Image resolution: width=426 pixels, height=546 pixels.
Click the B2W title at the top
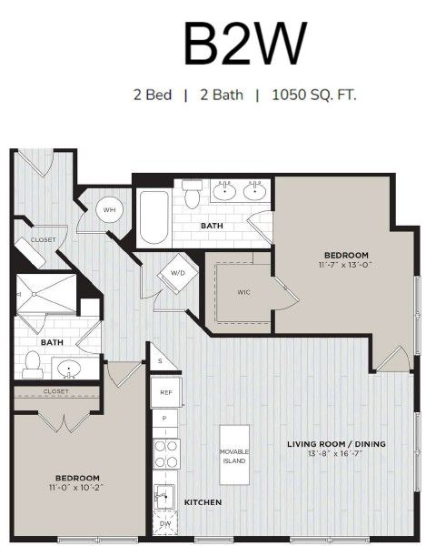[245, 44]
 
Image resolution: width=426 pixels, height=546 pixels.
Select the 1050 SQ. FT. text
[314, 95]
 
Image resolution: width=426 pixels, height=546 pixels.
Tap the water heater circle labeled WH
[110, 209]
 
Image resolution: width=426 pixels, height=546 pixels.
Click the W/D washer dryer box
[177, 273]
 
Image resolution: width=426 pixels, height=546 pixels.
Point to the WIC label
[243, 292]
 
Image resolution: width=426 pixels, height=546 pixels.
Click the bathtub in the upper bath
[154, 217]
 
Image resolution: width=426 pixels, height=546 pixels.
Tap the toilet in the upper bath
[192, 194]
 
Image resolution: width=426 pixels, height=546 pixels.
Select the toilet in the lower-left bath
[33, 365]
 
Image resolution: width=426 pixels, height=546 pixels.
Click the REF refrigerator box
[166, 392]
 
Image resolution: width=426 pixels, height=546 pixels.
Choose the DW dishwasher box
[165, 523]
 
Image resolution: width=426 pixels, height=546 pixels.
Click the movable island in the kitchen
[234, 454]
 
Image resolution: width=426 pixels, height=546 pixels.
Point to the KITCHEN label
[203, 502]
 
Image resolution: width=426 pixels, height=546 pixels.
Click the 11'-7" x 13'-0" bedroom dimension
[345, 265]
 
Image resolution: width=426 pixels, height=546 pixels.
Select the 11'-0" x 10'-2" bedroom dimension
[77, 487]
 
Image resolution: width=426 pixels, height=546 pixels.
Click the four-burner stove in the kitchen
[166, 454]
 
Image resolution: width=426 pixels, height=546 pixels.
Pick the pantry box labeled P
[165, 419]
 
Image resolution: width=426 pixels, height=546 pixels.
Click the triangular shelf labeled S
[160, 360]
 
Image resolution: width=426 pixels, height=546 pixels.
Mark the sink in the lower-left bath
[69, 369]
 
